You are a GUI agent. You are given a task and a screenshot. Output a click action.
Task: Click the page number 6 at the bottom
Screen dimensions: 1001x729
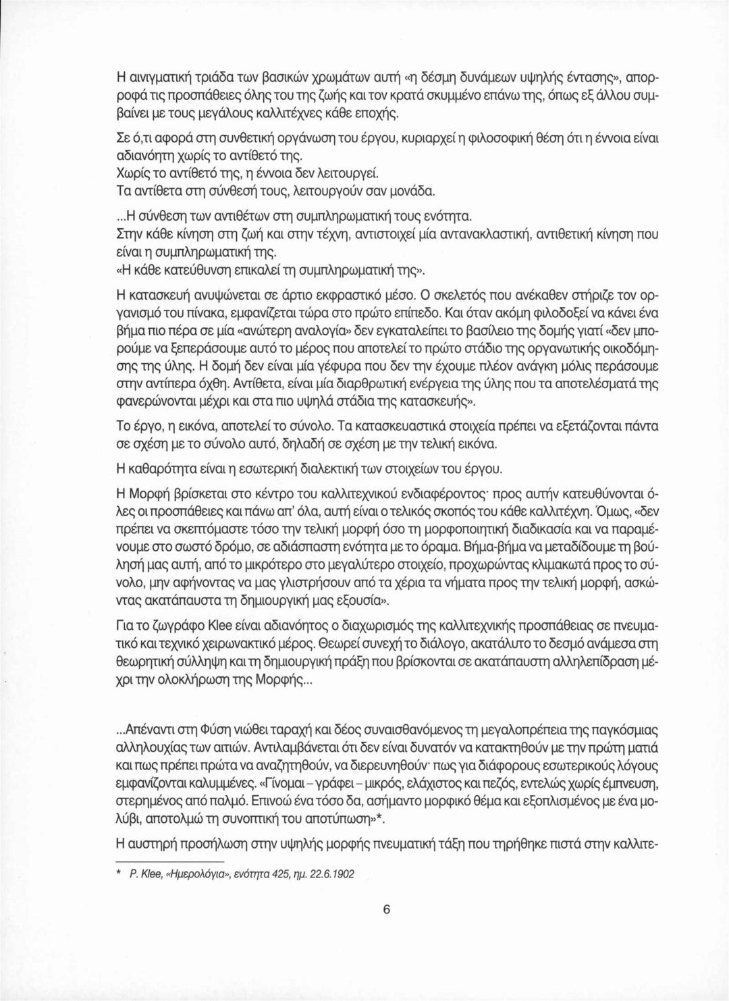387,909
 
